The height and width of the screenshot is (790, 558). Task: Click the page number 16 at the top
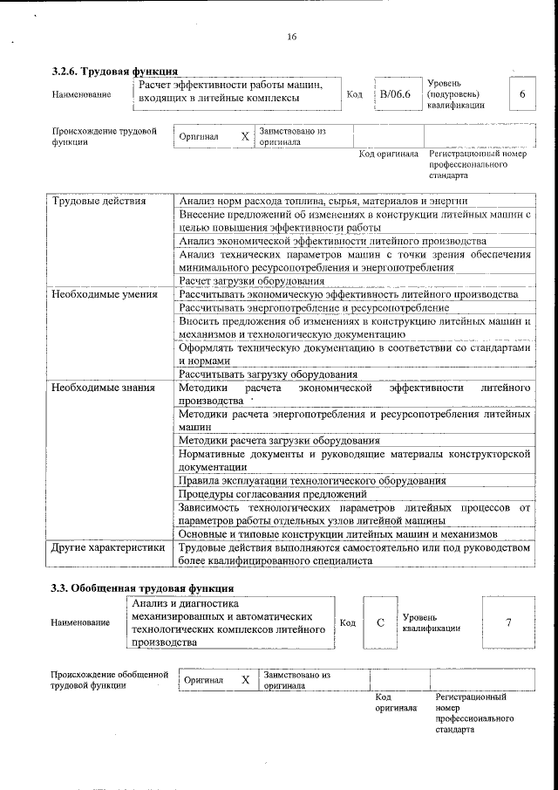tap(291, 36)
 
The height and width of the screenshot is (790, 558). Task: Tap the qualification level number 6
tap(521, 93)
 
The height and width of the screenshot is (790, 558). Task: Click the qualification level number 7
tap(507, 622)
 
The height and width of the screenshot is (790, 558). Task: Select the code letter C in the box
tap(380, 622)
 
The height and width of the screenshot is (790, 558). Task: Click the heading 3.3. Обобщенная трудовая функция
tap(142, 587)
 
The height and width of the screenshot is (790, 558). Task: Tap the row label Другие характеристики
tap(108, 548)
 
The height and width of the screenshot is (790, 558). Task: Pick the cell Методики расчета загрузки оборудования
tap(278, 441)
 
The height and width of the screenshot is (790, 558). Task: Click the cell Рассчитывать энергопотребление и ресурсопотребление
tap(314, 307)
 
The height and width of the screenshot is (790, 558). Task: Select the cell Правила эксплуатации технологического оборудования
tap(312, 481)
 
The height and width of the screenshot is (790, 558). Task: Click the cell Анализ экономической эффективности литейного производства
tap(331, 240)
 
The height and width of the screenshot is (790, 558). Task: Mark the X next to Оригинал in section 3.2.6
tap(245, 137)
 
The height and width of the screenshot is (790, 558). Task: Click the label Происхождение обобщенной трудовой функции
tap(109, 680)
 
